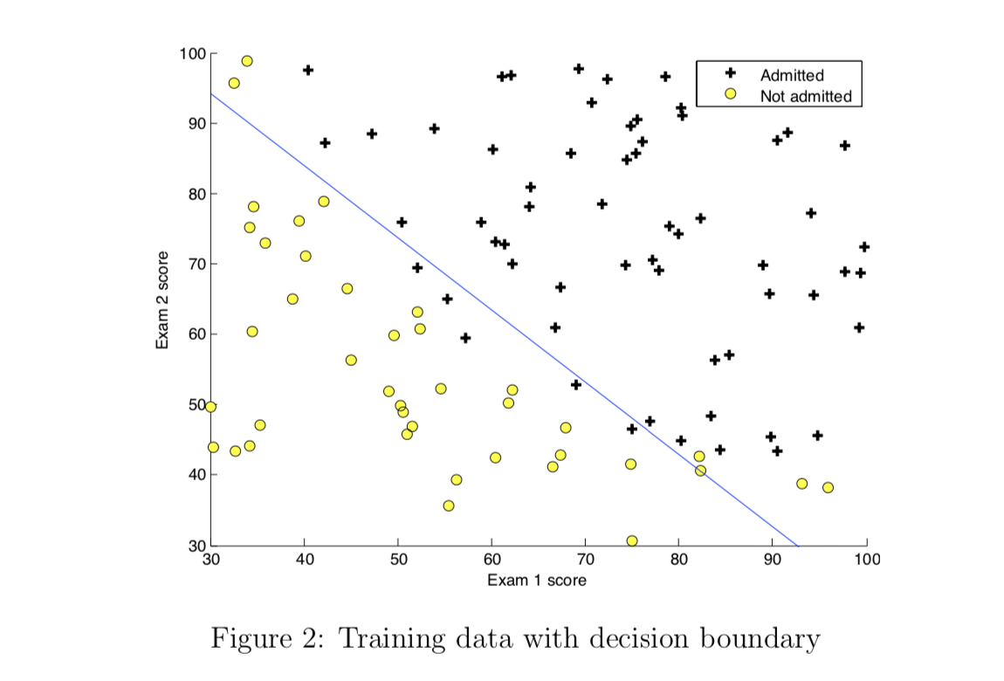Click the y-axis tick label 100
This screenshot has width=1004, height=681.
tap(192, 54)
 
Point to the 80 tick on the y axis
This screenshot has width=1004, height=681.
tap(196, 194)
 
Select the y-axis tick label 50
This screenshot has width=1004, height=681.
tap(196, 405)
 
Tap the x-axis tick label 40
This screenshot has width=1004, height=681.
tap(304, 559)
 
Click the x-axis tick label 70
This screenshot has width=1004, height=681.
tap(585, 559)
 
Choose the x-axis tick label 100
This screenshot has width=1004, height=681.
tap(866, 559)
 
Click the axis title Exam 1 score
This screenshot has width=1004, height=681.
tap(536, 580)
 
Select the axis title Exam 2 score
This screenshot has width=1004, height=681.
tap(162, 299)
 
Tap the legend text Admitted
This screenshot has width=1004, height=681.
tap(792, 76)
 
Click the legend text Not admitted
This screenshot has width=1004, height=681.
tap(805, 96)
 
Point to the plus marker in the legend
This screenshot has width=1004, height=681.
tap(731, 74)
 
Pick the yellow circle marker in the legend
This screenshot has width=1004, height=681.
tap(731, 94)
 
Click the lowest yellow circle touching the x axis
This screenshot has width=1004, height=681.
tap(632, 541)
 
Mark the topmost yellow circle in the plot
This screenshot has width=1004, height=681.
tap(247, 61)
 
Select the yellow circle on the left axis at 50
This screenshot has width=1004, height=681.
tap(210, 407)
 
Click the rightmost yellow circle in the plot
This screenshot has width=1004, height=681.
tap(828, 487)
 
